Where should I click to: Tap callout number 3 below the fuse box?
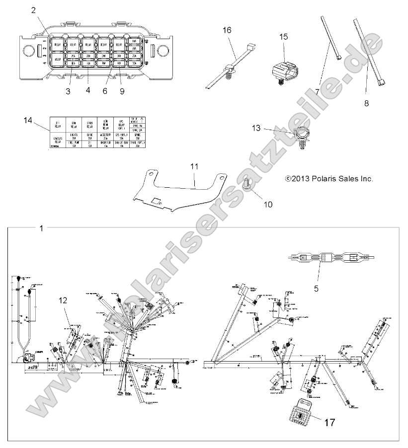(68, 91)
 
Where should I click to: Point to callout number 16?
(227, 30)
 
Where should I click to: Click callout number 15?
(283, 37)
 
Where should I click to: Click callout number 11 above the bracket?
(193, 165)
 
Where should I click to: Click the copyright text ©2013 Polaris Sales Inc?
(328, 178)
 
